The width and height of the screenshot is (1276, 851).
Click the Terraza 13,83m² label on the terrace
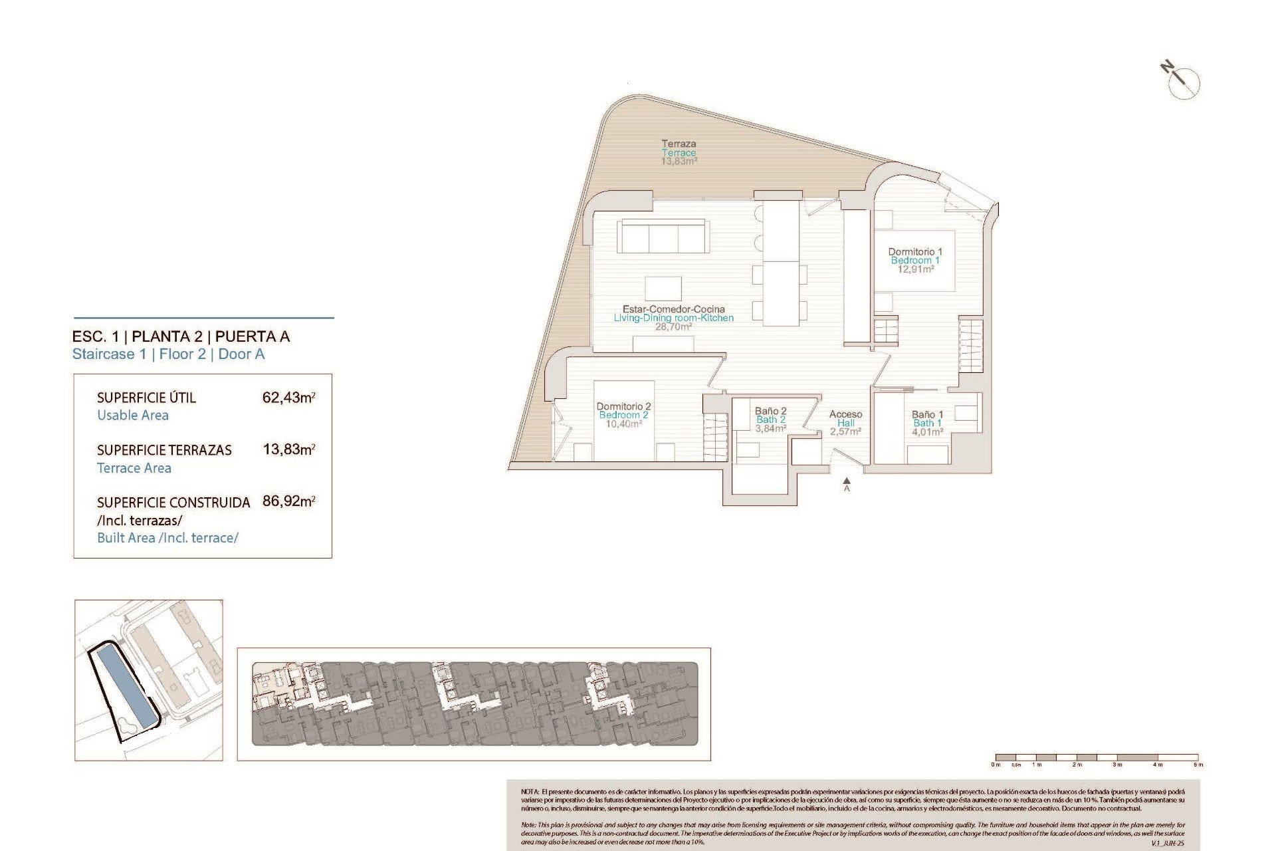click(679, 152)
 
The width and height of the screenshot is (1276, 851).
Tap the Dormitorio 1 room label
click(915, 260)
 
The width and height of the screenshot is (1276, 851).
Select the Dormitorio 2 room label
click(623, 415)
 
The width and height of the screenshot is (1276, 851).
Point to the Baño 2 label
click(770, 420)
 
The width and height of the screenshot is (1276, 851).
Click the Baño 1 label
click(927, 423)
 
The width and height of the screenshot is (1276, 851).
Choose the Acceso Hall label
click(845, 423)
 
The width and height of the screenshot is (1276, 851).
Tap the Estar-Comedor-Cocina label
click(673, 318)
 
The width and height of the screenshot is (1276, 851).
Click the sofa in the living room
click(663, 236)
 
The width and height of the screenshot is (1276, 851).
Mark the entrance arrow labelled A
click(847, 483)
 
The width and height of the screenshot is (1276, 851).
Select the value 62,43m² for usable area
click(288, 398)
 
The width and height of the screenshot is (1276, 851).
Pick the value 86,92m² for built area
click(288, 501)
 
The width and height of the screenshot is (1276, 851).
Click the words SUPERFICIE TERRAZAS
click(164, 450)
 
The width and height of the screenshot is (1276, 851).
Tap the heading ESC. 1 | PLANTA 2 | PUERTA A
click(181, 336)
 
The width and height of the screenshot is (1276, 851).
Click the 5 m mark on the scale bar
click(1198, 764)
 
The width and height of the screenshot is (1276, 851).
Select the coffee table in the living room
click(663, 289)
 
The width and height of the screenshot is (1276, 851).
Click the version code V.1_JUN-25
click(1168, 843)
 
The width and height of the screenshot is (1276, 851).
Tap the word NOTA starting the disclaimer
click(530, 792)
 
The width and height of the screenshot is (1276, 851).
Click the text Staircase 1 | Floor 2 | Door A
click(168, 354)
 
